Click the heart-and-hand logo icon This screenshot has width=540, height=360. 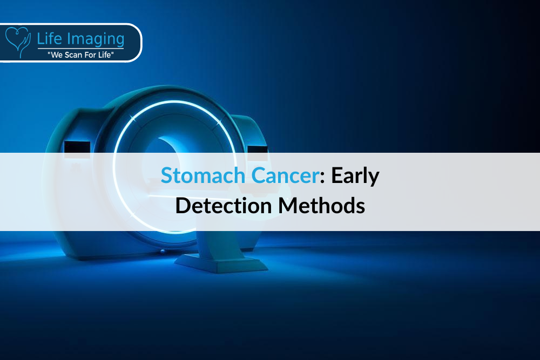point(18,42)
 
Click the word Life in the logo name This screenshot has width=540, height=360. point(49,38)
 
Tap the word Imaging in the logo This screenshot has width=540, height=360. point(96,39)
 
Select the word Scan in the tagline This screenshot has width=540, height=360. point(73,55)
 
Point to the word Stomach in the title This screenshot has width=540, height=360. point(203,175)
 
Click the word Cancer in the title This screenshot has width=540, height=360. point(285,175)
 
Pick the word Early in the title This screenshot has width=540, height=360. point(355,176)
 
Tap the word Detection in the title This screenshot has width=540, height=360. point(224,206)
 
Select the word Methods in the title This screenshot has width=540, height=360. point(321,206)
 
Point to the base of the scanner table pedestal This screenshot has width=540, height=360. point(221,263)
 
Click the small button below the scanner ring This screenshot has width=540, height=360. point(162,252)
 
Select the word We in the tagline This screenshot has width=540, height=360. point(57,55)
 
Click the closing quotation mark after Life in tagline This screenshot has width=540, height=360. point(112,53)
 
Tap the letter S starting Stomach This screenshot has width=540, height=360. point(167,175)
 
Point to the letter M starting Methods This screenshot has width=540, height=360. point(288,206)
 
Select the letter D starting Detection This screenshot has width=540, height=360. point(183,206)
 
